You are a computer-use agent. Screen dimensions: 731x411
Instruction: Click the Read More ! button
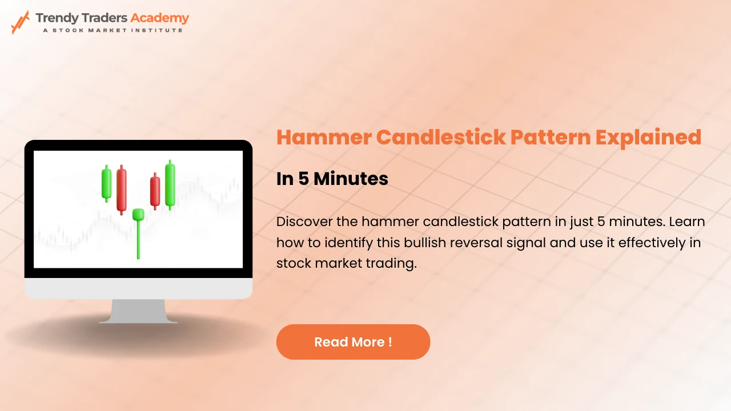coord(353,342)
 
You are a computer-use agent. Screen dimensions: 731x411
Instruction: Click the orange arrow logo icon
coord(20,22)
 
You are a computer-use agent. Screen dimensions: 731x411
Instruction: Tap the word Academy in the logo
coord(159,18)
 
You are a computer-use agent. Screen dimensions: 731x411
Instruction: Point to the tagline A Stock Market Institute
coord(113,30)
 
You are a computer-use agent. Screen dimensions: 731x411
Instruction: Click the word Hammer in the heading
coord(324,137)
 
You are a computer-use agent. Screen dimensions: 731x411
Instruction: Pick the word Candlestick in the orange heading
coord(441,137)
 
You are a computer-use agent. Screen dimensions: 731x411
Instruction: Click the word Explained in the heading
coord(648,138)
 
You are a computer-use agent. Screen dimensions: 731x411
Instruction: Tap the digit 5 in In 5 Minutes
coord(303,179)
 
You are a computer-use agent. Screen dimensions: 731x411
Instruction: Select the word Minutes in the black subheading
coord(351,179)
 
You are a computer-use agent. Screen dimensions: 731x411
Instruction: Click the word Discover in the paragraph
coord(304,222)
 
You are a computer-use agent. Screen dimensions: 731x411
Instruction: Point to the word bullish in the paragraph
coord(425,243)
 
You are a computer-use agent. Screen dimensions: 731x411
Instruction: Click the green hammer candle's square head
coord(138,214)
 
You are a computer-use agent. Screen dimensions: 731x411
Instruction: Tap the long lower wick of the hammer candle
coord(138,239)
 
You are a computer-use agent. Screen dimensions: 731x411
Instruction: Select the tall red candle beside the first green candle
coord(122,190)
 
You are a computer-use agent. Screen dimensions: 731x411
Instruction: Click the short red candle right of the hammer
coord(155,191)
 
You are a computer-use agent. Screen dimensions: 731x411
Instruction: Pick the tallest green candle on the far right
coord(170,184)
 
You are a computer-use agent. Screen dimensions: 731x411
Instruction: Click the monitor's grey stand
coord(138,311)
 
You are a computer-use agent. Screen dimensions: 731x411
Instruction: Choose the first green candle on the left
coord(106,183)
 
